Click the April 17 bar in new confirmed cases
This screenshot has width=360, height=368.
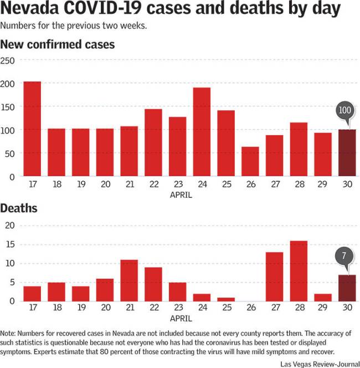(32, 129)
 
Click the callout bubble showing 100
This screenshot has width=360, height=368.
(344, 110)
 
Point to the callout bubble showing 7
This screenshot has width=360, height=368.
(344, 257)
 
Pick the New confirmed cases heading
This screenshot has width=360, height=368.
(58, 44)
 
